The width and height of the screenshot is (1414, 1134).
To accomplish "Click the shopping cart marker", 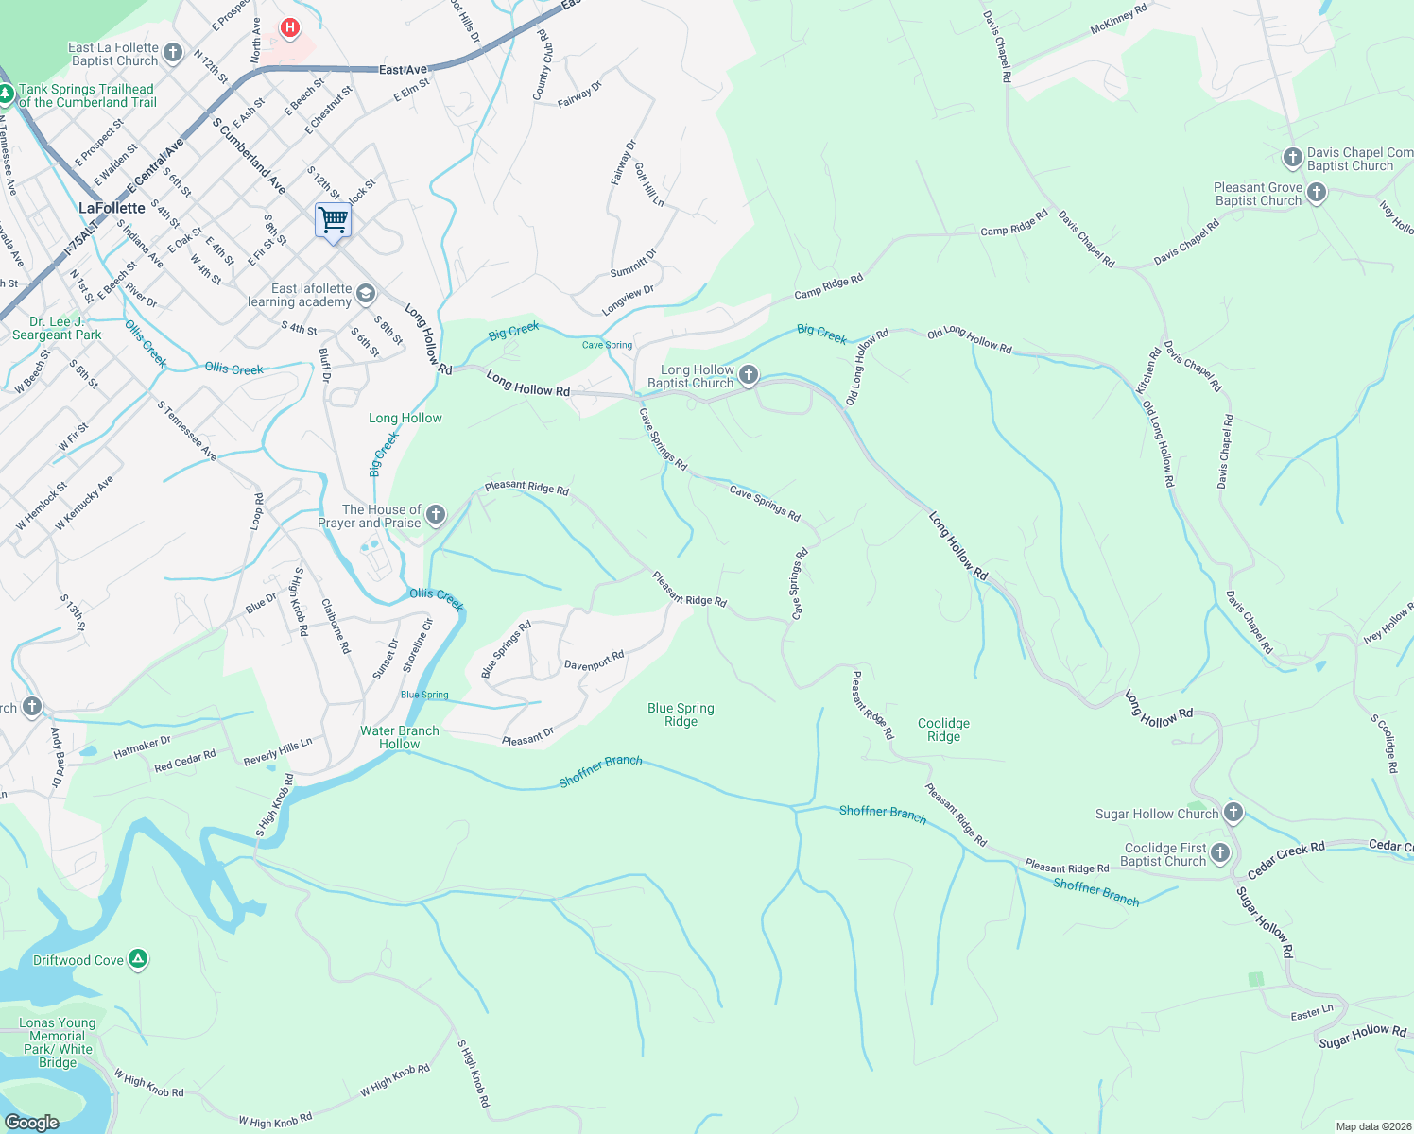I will (x=333, y=221).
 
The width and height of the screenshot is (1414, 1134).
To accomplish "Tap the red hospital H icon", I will (x=290, y=28).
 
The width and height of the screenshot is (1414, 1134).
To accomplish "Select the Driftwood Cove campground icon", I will (x=138, y=960).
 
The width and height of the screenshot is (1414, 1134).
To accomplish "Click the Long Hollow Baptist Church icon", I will (x=749, y=376).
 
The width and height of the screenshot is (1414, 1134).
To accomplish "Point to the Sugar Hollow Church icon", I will (x=1233, y=813).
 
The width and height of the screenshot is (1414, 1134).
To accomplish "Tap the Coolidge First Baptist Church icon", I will (x=1220, y=854).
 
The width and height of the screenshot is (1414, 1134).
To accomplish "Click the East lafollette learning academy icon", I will (x=366, y=295).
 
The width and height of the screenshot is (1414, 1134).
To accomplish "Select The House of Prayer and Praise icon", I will (x=436, y=515).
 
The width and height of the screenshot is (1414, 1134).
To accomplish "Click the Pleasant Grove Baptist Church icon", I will (x=1317, y=194).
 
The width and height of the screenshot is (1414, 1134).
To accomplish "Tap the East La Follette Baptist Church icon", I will (x=173, y=53).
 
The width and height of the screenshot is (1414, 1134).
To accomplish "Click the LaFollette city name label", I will (x=112, y=208).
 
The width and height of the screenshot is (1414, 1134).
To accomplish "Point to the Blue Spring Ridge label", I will (x=681, y=714).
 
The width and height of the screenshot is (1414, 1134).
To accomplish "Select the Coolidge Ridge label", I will (x=943, y=730).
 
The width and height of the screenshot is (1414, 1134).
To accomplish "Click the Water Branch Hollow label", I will (x=399, y=737).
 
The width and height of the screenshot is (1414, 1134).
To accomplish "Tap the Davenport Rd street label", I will (x=594, y=661).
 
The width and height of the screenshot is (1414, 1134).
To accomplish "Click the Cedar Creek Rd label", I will (x=1285, y=860).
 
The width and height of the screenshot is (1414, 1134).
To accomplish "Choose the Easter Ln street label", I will (x=1312, y=1014).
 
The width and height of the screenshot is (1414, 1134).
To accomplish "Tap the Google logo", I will (x=32, y=1122).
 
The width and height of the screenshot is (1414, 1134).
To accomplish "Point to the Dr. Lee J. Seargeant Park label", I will (x=57, y=328).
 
